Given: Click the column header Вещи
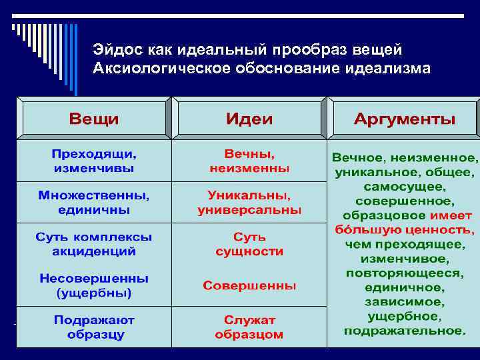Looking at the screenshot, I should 94,119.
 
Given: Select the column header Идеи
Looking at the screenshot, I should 249,119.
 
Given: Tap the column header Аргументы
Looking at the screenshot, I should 404,119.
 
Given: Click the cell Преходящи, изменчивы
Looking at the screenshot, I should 94,161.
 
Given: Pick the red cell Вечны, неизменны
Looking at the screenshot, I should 249,161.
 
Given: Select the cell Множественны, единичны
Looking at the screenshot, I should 94,203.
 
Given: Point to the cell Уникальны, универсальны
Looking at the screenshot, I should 249,203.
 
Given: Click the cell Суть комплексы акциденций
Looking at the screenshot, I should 94,244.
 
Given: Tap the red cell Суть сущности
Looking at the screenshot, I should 249,244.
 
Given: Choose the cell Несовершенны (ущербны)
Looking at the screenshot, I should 94,285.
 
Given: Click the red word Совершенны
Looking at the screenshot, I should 249,285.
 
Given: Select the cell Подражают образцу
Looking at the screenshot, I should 94,327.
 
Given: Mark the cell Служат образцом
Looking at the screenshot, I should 249,327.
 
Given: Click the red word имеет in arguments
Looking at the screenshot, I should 451,215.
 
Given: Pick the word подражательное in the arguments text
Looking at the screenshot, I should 404,331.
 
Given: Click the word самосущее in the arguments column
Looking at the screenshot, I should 404,186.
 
